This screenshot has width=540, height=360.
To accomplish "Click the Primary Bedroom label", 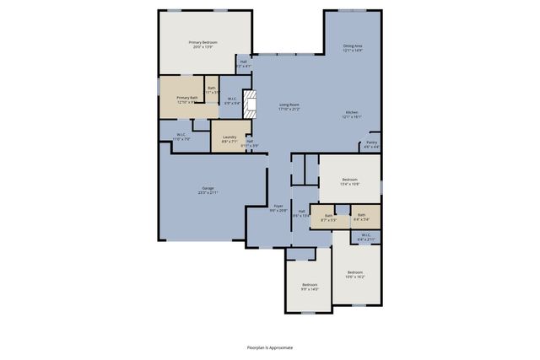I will pyautogui.click(x=203, y=42).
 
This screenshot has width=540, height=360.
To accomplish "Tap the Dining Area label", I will pyautogui.click(x=353, y=46).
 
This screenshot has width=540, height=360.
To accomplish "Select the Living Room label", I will pyautogui.click(x=290, y=105).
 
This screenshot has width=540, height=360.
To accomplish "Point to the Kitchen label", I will pyautogui.click(x=353, y=113).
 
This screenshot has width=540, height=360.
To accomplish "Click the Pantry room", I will pyautogui.click(x=371, y=144).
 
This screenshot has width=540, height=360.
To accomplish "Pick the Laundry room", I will pyautogui.click(x=229, y=139).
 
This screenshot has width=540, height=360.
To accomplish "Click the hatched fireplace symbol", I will pyautogui.click(x=249, y=102).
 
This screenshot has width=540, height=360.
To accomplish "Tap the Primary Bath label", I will pyautogui.click(x=186, y=98).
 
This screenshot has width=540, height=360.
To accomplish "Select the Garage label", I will pyautogui.click(x=208, y=188).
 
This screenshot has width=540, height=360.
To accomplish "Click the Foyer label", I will pyautogui.click(x=278, y=205).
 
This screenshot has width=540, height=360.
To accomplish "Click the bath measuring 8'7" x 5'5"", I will pyautogui.click(x=328, y=218).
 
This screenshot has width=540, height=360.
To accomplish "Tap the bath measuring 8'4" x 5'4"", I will pyautogui.click(x=361, y=217).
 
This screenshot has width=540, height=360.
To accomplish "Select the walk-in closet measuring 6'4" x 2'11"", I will pyautogui.click(x=365, y=237).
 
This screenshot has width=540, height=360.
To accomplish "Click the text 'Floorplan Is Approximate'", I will pyautogui.click(x=270, y=347).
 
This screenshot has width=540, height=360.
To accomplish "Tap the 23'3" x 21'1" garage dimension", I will pyautogui.click(x=208, y=193).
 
